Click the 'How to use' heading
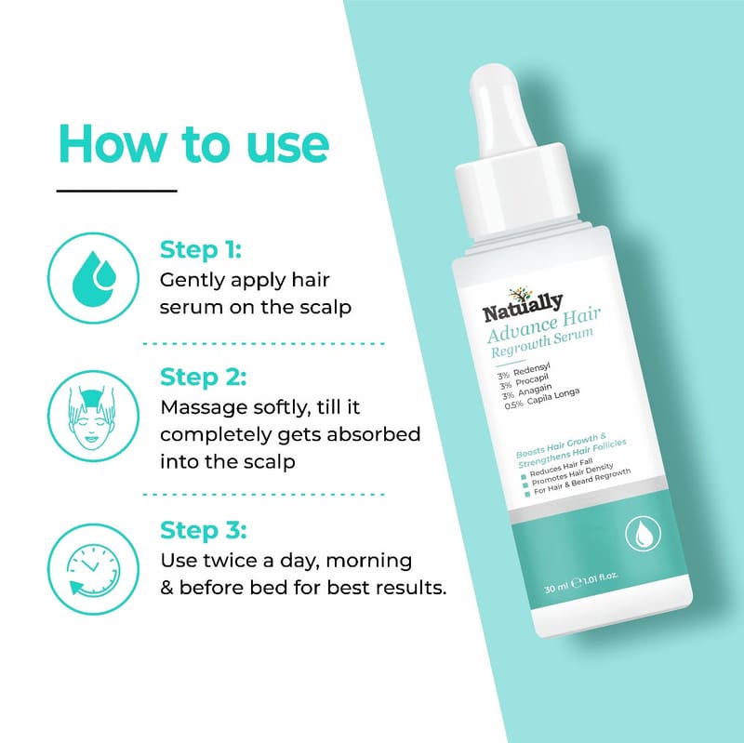click(193, 144)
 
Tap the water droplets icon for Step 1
click(94, 278)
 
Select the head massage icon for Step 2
click(94, 416)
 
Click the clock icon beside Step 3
click(94, 569)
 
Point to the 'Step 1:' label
click(201, 250)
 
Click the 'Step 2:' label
click(203, 378)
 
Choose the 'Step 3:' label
click(203, 530)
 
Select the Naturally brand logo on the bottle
click(523, 305)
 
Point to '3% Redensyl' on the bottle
click(524, 371)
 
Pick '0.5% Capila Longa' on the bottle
click(542, 398)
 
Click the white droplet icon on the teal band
click(643, 534)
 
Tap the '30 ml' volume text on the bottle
click(556, 588)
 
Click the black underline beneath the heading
click(117, 192)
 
